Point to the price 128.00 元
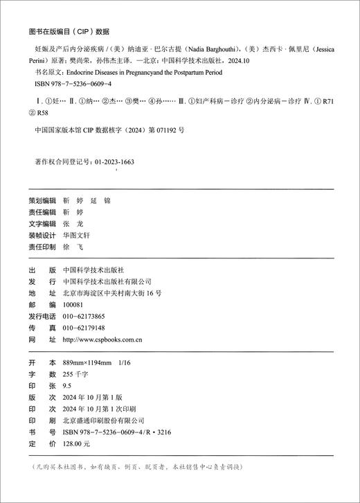pos(77,443)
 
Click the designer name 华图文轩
pos(77,236)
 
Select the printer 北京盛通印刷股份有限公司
pos(103,420)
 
